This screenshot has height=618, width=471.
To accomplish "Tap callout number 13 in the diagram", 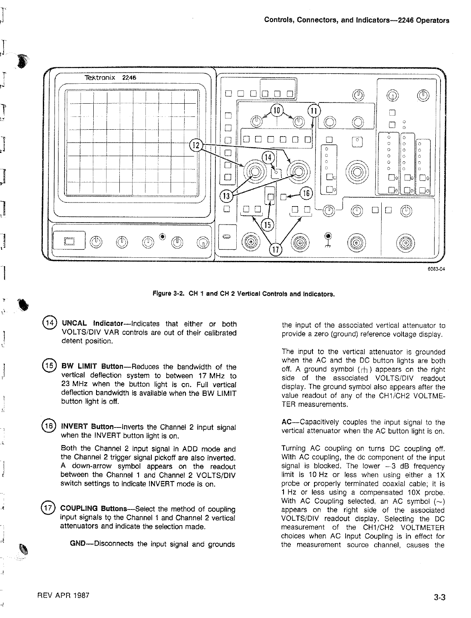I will click(x=226, y=195).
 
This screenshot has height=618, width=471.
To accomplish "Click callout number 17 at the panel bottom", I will click(x=275, y=250).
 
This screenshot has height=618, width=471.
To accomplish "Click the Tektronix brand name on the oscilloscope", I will click(x=96, y=78).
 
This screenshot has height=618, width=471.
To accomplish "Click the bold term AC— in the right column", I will click(x=290, y=422).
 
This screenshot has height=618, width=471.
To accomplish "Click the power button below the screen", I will click(x=70, y=241).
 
